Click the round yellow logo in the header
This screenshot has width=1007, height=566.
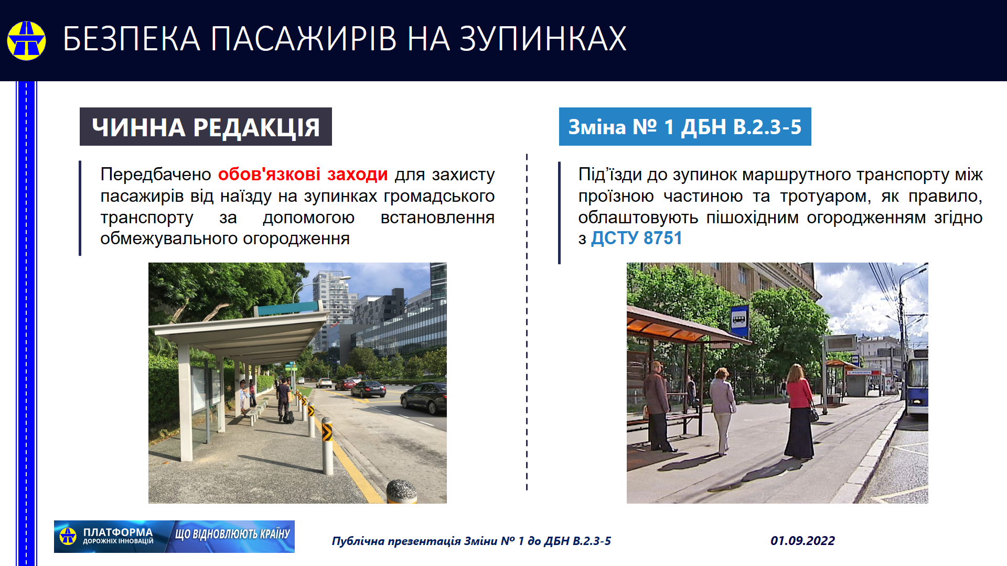click(26, 40)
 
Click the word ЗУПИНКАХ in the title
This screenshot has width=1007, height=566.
click(543, 39)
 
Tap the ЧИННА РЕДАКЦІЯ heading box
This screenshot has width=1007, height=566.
click(206, 127)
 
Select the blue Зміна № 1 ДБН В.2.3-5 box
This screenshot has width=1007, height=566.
click(685, 127)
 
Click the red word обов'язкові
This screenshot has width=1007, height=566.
click(269, 174)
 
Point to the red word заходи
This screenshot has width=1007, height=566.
click(358, 175)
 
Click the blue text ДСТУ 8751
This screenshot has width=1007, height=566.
click(637, 238)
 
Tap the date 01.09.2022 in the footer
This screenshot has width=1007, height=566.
click(802, 541)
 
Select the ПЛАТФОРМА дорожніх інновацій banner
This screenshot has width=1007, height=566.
click(174, 537)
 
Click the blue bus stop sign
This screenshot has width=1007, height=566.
click(740, 320)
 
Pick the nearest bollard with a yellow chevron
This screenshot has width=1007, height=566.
click(327, 445)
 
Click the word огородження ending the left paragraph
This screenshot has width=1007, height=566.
click(296, 239)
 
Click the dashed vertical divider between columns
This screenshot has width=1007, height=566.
click(527, 322)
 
